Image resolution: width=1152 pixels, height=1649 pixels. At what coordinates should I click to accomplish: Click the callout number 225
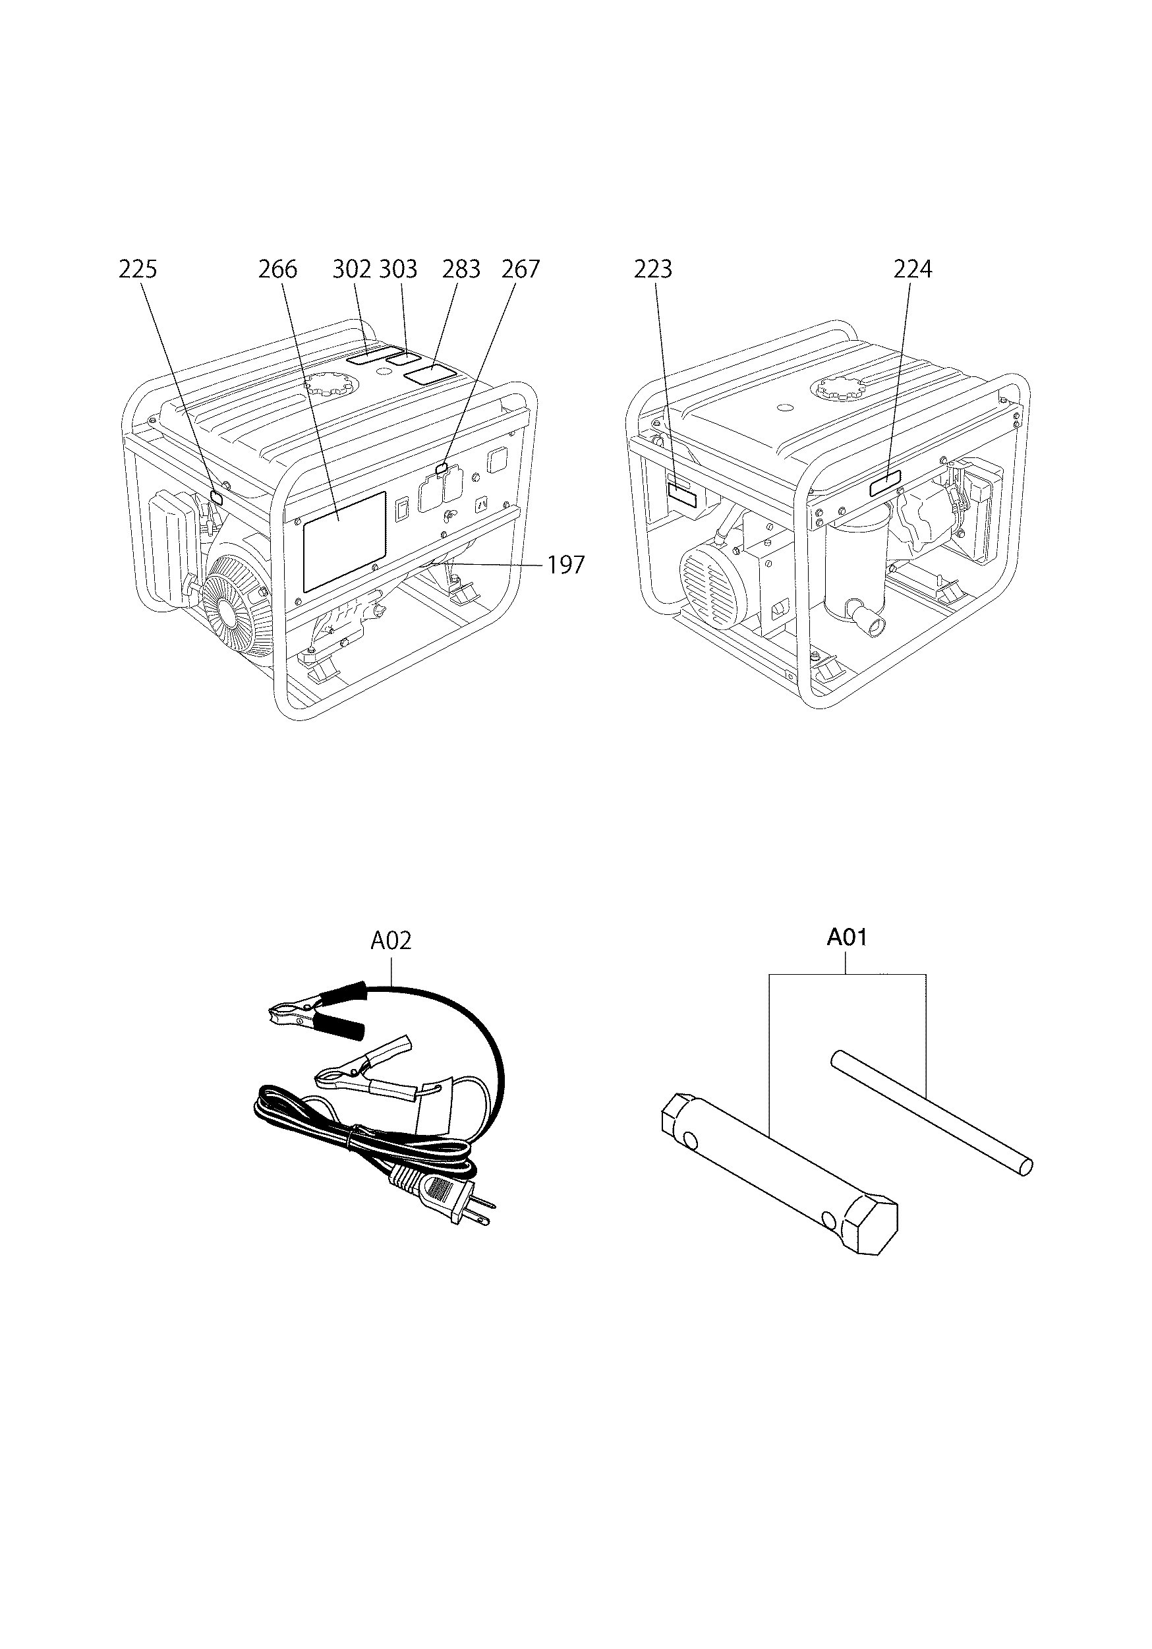click(x=137, y=270)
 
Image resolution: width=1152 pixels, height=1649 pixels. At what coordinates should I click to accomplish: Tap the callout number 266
click(x=277, y=270)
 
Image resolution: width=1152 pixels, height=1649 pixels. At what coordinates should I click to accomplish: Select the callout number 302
click(x=352, y=270)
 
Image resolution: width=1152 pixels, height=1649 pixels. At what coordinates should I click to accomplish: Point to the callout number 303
click(x=398, y=270)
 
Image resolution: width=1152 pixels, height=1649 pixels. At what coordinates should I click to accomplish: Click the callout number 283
click(x=461, y=270)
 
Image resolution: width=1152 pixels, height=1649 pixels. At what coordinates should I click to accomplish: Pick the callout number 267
click(x=520, y=270)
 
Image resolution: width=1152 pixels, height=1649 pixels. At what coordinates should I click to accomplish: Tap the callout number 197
click(x=566, y=565)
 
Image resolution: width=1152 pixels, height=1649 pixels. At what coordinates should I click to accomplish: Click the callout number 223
click(x=653, y=270)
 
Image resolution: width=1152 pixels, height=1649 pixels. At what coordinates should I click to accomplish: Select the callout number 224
click(x=913, y=270)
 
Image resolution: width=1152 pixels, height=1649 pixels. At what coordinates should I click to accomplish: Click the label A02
click(x=391, y=941)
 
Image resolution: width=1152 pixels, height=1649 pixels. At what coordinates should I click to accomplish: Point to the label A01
click(x=847, y=938)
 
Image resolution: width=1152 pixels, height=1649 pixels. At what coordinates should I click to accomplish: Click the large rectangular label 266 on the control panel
click(x=344, y=541)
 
